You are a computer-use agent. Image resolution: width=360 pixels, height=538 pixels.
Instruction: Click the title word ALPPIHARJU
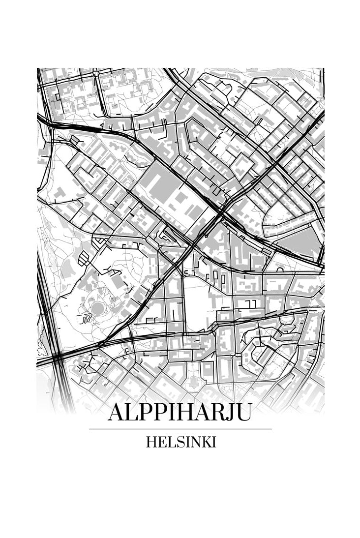(180, 412)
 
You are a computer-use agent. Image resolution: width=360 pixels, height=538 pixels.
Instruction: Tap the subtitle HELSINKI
(180, 442)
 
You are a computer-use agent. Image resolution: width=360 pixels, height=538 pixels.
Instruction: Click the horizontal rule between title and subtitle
(180, 429)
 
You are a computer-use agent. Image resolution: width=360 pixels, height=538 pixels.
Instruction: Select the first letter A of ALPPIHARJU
(117, 412)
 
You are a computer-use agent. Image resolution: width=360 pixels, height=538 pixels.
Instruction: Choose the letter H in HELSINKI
(151, 442)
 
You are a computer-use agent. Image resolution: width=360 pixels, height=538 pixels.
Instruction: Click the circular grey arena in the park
(98, 308)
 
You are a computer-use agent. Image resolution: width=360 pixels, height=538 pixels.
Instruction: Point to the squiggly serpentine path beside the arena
(86, 319)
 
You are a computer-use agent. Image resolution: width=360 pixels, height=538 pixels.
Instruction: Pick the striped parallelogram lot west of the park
(84, 258)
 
